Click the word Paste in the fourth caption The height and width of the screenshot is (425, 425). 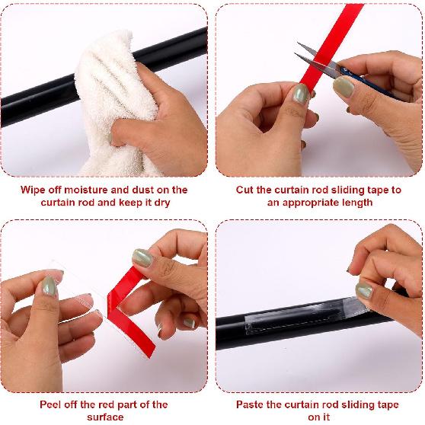click(251, 404)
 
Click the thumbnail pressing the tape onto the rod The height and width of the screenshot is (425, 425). click(363, 290)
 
